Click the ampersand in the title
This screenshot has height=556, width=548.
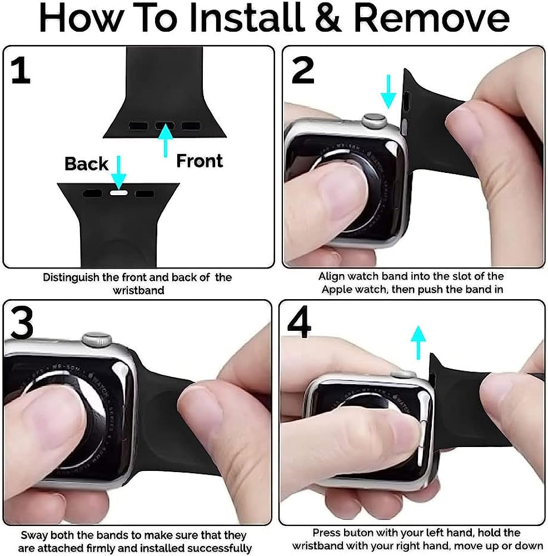(x=328, y=18)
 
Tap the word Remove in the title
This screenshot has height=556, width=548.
(x=431, y=18)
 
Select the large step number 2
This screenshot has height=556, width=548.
(x=303, y=70)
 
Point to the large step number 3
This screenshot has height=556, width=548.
(x=22, y=322)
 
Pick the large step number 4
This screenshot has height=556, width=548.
(x=300, y=322)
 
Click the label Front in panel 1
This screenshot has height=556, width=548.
(x=200, y=161)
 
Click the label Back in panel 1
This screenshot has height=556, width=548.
(x=86, y=163)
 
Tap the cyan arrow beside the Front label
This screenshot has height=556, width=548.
(x=166, y=141)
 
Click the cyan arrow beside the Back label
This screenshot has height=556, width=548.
(x=119, y=172)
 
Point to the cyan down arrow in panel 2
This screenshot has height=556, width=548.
(x=388, y=92)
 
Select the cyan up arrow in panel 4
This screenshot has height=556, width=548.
(x=419, y=342)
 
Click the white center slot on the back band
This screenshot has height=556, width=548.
(x=119, y=193)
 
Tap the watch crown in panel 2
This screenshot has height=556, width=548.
(x=374, y=120)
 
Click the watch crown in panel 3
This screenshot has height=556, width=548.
(x=97, y=339)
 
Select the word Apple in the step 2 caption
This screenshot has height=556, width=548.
(x=337, y=290)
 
